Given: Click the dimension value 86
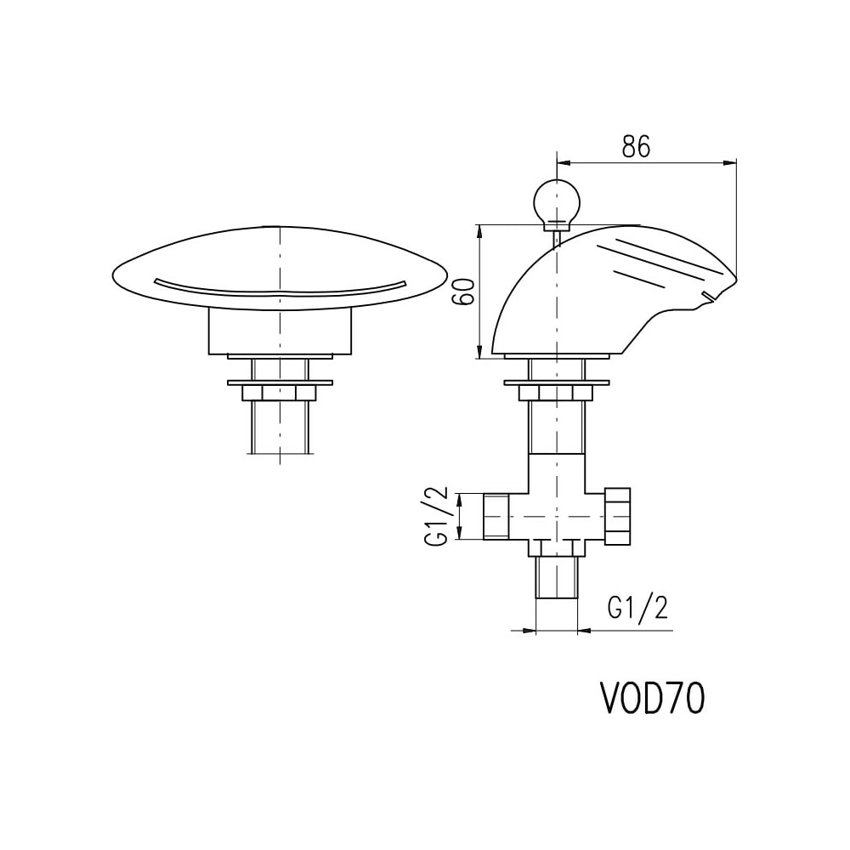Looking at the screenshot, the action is tap(636, 145).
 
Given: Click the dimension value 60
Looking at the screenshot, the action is tap(465, 292).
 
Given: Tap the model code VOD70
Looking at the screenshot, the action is tap(652, 698).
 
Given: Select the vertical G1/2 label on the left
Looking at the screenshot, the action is tap(436, 516).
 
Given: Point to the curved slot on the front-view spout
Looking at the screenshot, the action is tap(280, 290).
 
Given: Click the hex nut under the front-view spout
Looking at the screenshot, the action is tap(279, 393).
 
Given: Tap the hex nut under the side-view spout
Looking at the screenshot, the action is tap(556, 393).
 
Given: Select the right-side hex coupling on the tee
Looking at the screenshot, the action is tap(617, 516).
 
